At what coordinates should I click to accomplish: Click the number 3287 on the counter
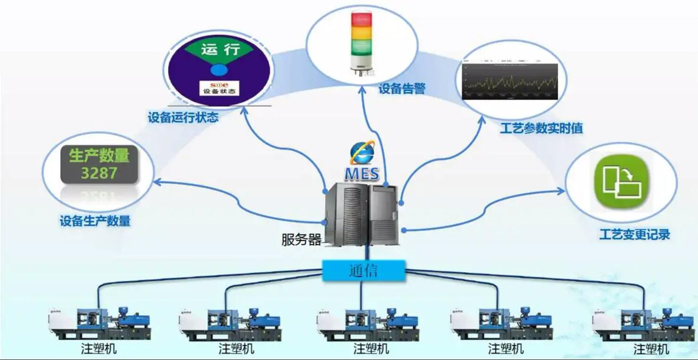pos(99,173)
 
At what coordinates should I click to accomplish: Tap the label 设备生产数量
pos(95,221)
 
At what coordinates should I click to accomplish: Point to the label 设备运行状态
pos(183,117)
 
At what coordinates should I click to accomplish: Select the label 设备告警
pos(402,89)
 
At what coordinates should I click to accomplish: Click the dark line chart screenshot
pos(510,81)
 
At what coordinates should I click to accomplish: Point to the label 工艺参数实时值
pos(541,128)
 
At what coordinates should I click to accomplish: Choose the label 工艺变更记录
pos(635,234)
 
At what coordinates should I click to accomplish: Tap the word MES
pos(362,174)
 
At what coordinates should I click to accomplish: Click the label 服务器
pos(301,240)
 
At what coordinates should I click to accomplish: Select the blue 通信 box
pos(363,271)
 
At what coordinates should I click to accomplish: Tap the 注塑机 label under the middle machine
pos(371,349)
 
